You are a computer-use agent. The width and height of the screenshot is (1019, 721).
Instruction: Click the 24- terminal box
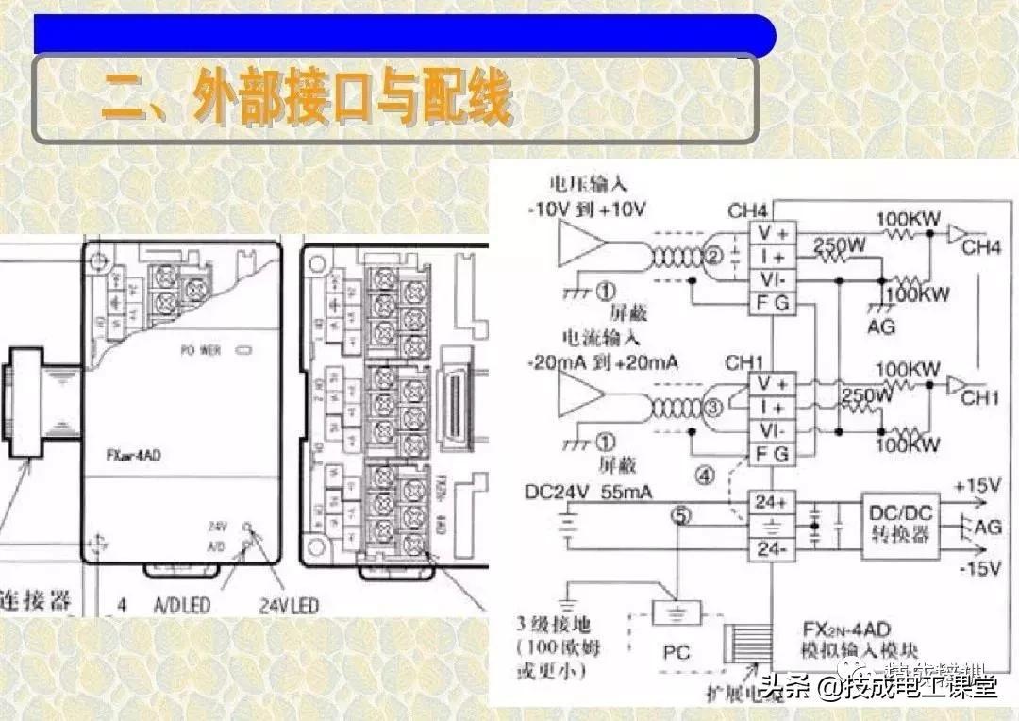[x=772, y=549]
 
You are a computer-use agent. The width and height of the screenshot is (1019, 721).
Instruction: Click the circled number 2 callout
[x=713, y=255]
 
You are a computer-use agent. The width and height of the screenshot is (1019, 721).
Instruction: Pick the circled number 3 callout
[x=713, y=408]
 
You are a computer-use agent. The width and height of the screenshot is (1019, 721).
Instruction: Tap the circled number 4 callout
[x=704, y=476]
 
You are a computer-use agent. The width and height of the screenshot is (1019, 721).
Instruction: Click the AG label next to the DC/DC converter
[x=988, y=527]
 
